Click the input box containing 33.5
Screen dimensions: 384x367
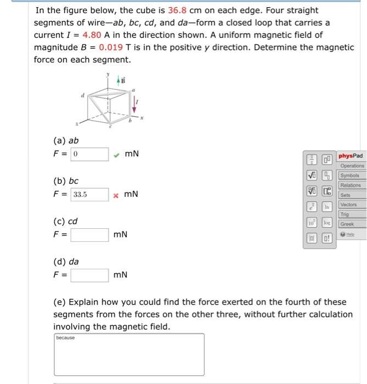pyautogui.click(x=89, y=194)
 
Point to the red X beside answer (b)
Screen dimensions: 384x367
pyautogui.click(x=116, y=195)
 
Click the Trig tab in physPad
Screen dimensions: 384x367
pyautogui.click(x=345, y=214)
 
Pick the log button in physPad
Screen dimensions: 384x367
pyautogui.click(x=327, y=224)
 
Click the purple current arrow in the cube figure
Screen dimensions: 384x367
pyautogui.click(x=135, y=103)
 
